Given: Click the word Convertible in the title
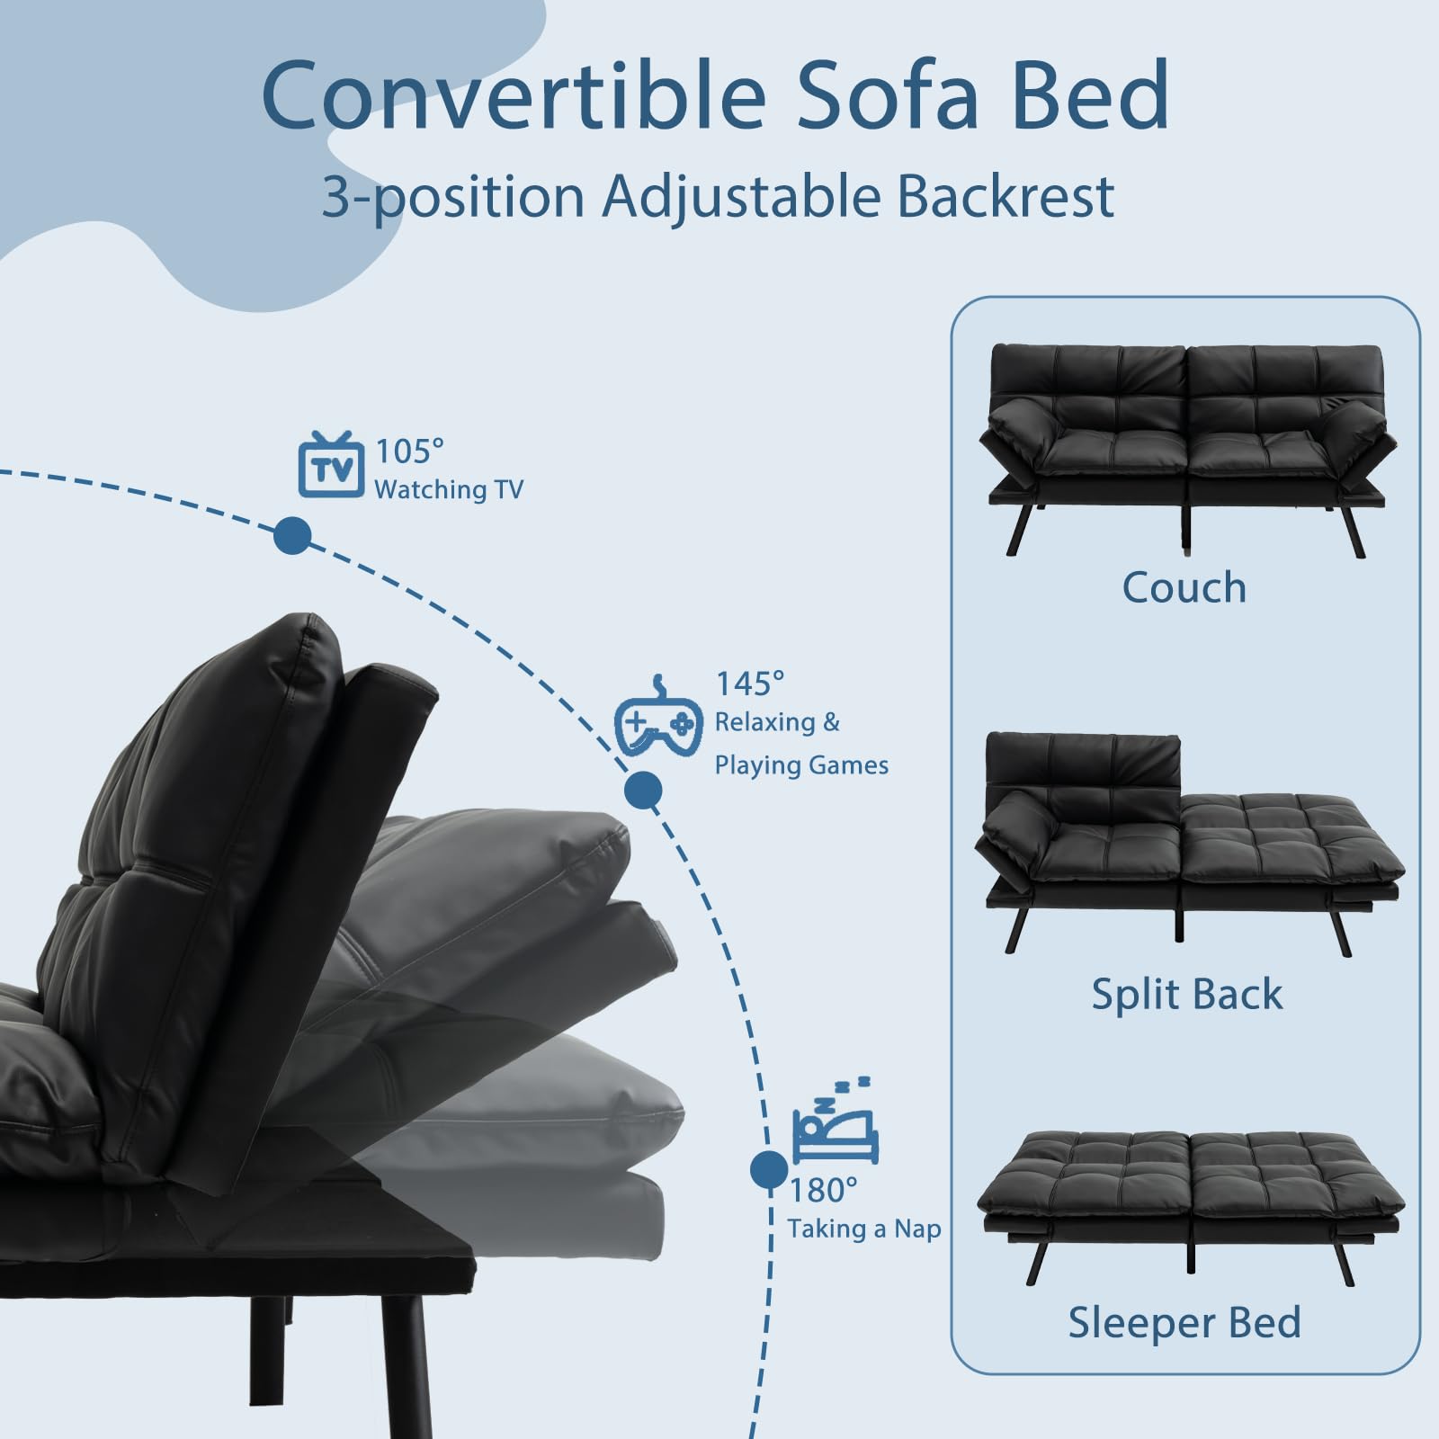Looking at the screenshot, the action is [514, 94].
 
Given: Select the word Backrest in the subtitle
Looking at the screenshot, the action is [1006, 196].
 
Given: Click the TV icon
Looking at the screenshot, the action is [331, 465].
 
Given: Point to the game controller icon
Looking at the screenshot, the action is [659, 715].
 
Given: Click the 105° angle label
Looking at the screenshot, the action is [409, 451].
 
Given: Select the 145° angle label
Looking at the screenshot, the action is [749, 684].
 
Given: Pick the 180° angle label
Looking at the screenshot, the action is [823, 1190].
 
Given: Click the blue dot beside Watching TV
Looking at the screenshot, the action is [292, 536].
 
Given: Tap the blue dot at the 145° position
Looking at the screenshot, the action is [643, 791].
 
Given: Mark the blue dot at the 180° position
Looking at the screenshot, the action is [769, 1169].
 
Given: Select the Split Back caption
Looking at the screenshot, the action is [1187, 995].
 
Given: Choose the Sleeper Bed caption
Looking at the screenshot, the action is [1184, 1322].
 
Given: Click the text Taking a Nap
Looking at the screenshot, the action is [864, 1229].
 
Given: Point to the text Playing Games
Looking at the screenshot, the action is [801, 765].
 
